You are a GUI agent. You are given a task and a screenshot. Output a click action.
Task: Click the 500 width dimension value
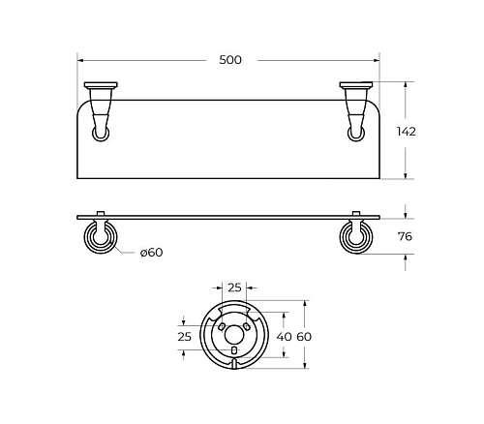pos(230,60)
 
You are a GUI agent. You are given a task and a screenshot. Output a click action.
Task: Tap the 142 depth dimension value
pos(407,132)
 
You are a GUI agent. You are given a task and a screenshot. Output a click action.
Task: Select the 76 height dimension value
pos(405,236)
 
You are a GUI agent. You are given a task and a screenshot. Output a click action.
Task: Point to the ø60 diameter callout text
pos(151,253)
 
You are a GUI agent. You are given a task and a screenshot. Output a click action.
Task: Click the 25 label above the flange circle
pos(234,288)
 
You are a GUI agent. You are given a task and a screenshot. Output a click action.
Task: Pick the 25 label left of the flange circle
pos(184,337)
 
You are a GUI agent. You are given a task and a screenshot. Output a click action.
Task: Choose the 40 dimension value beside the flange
pos(285,337)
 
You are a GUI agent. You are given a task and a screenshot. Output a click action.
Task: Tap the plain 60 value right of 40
pos(304,337)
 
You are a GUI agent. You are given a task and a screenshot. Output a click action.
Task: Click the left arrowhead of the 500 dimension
pos(80,60)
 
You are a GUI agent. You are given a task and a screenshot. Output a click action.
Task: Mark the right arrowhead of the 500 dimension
pos(377,60)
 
